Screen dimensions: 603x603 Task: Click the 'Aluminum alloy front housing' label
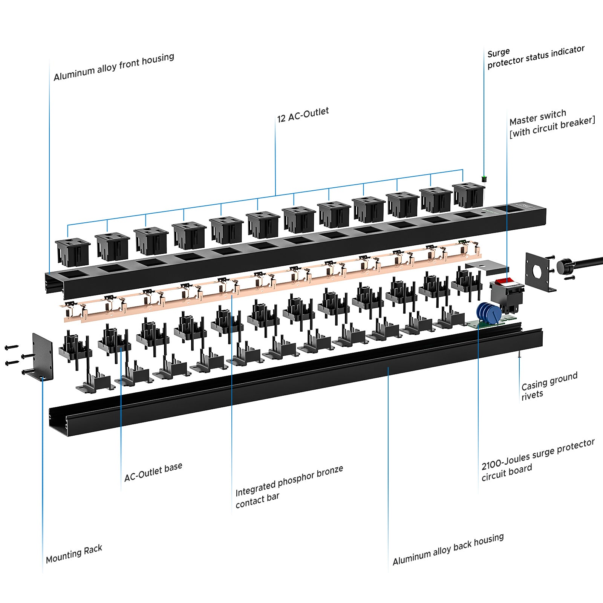[x=114, y=67]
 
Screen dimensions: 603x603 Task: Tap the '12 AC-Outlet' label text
[x=303, y=115]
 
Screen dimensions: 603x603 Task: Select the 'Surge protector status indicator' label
[x=535, y=57]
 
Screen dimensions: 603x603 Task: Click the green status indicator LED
[x=484, y=178]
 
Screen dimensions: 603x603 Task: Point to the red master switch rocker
[x=504, y=281]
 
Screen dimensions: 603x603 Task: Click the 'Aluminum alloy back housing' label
[x=448, y=549]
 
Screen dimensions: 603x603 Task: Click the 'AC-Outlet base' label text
[x=153, y=472]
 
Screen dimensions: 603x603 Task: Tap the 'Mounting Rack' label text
[x=74, y=554]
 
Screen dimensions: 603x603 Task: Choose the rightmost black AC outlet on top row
[x=468, y=194]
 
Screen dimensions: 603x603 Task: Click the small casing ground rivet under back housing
[x=519, y=354]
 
